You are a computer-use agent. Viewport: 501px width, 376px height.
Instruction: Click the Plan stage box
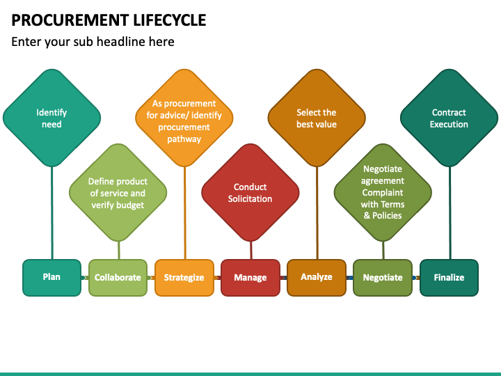click(51, 278)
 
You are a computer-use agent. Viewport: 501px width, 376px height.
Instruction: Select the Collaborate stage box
click(118, 278)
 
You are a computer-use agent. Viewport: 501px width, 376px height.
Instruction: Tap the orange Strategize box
click(184, 278)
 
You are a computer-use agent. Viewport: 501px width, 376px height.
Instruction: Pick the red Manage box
click(250, 278)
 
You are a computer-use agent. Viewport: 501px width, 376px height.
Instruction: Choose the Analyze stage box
click(317, 278)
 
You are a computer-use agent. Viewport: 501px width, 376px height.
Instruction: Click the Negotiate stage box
click(383, 278)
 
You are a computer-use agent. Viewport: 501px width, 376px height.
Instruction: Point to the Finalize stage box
click(449, 278)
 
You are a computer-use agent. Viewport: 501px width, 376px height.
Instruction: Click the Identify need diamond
click(51, 118)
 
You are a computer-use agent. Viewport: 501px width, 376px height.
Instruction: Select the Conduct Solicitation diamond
click(250, 192)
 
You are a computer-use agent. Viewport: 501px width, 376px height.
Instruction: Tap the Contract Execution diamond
click(449, 118)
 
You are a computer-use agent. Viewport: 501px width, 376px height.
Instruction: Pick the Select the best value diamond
click(317, 118)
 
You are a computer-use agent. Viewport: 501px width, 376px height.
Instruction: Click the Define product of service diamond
click(118, 192)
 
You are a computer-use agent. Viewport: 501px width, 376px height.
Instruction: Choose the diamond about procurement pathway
click(184, 118)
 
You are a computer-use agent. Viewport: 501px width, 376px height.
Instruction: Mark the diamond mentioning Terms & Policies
click(383, 192)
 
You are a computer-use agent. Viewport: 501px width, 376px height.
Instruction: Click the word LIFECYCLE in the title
click(170, 20)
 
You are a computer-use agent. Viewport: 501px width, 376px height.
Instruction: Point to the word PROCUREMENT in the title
click(70, 20)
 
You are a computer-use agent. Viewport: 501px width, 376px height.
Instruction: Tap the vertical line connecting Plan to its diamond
click(52, 213)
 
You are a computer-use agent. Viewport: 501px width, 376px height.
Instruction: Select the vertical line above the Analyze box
click(317, 213)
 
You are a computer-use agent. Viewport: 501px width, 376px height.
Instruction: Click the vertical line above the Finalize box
click(450, 213)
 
